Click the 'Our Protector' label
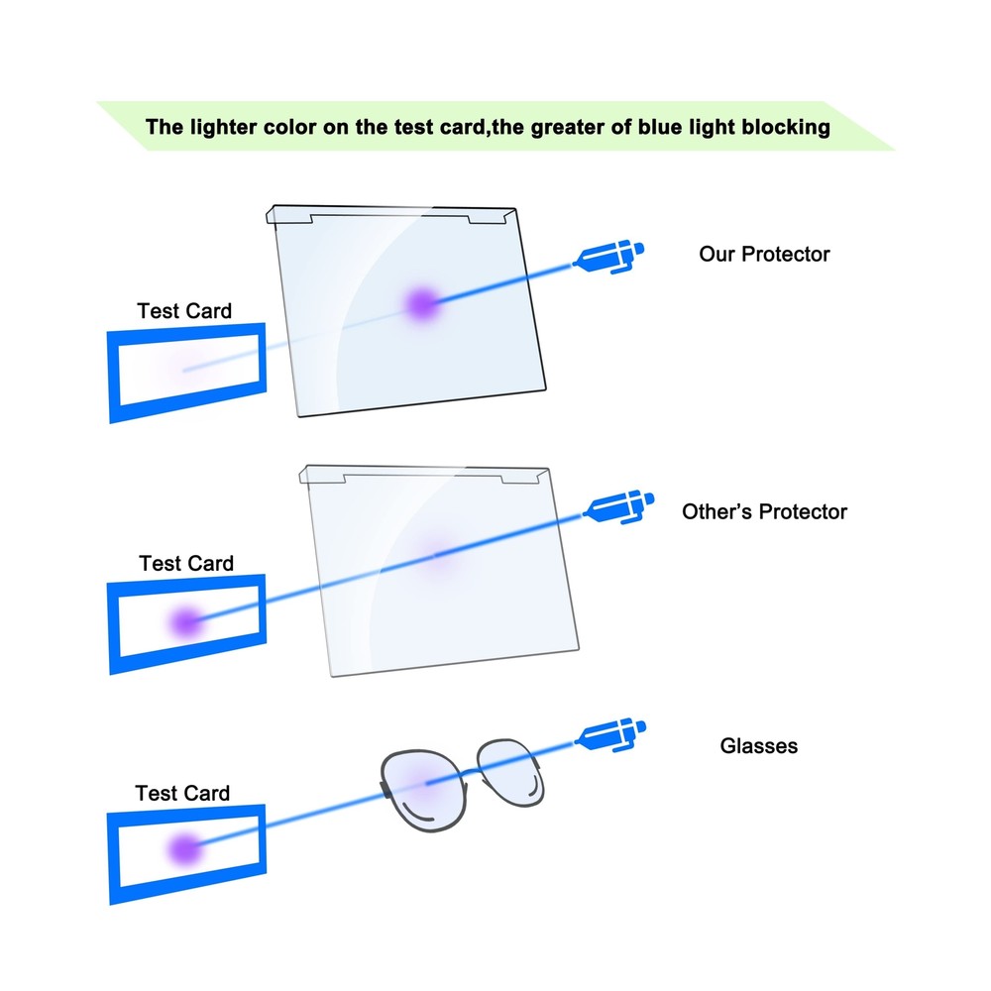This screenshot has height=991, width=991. pyautogui.click(x=764, y=254)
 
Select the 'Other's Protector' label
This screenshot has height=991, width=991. pyautogui.click(x=764, y=512)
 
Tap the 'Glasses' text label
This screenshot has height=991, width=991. pyautogui.click(x=758, y=745)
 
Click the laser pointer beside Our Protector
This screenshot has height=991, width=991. pyautogui.click(x=609, y=257)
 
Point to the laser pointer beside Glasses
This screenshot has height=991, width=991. pyautogui.click(x=611, y=735)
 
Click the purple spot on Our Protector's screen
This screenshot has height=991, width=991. pyautogui.click(x=421, y=302)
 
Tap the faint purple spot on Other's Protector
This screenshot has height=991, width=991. pyautogui.click(x=436, y=556)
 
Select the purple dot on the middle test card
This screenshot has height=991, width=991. pyautogui.click(x=184, y=621)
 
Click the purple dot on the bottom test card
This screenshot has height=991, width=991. pyautogui.click(x=182, y=848)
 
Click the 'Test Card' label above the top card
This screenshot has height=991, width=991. pyautogui.click(x=184, y=311)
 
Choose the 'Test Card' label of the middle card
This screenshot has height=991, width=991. pyautogui.click(x=186, y=563)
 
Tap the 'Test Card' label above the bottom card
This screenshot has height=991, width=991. pyautogui.click(x=182, y=793)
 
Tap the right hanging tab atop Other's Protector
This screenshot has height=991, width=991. pyautogui.click(x=522, y=478)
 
